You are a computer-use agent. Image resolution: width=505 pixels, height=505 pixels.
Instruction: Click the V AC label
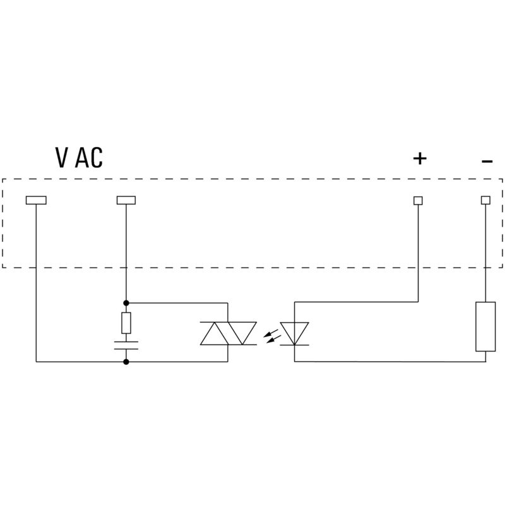79,158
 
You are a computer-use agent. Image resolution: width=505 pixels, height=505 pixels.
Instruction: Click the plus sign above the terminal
420,158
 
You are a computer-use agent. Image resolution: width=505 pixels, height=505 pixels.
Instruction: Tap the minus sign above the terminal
487,162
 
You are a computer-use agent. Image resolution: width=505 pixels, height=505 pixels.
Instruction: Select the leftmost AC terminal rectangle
36,200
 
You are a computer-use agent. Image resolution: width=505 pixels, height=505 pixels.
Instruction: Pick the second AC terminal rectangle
126,200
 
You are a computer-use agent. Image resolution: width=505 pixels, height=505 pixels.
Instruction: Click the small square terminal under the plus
418,200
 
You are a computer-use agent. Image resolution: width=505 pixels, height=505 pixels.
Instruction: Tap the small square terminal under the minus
485,200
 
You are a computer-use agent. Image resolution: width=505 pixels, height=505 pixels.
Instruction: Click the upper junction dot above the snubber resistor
126,303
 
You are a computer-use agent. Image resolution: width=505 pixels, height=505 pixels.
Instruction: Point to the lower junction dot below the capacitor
126,362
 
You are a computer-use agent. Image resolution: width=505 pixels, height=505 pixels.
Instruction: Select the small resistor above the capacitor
126,323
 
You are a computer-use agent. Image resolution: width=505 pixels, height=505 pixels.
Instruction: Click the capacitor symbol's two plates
126,345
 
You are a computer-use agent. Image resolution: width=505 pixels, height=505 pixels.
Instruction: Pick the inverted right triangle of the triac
242,332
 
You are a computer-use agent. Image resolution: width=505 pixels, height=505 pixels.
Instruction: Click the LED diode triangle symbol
295,332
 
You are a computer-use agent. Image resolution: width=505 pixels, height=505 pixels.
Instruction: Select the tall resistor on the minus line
485,326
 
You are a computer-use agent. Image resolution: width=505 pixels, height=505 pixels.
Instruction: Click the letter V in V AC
62,158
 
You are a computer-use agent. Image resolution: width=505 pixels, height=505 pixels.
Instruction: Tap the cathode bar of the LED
295,345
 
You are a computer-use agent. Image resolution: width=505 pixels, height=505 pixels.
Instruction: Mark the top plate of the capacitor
126,342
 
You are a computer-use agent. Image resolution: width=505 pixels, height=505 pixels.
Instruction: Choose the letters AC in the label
89,158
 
